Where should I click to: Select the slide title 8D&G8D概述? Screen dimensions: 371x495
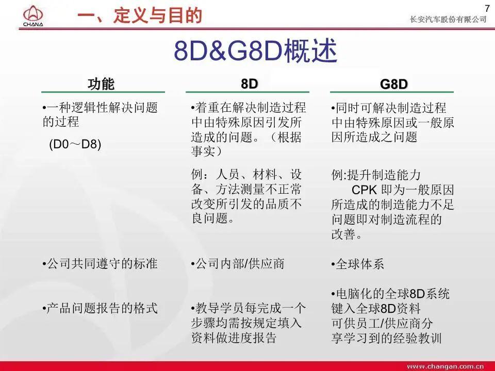256,52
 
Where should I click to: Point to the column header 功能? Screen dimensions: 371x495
101,84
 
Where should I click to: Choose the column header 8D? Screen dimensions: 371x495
249,84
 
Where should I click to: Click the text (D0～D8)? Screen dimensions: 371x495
75,144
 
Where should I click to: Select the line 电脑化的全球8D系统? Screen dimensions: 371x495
391,294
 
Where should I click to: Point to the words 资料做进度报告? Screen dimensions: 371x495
234,338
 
